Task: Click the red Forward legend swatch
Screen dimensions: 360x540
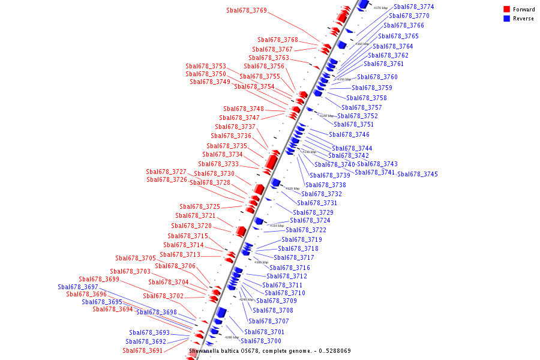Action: pyautogui.click(x=506, y=9)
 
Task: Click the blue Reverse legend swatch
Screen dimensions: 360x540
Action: pyautogui.click(x=506, y=19)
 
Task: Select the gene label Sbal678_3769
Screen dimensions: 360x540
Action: pyautogui.click(x=247, y=11)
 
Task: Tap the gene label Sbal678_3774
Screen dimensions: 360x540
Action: pyautogui.click(x=414, y=7)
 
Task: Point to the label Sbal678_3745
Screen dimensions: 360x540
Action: pyautogui.click(x=418, y=175)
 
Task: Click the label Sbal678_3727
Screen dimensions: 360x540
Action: pyautogui.click(x=166, y=172)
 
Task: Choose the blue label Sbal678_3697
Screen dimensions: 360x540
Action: pyautogui.click(x=78, y=287)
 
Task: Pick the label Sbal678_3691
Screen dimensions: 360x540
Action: pyautogui.click(x=143, y=351)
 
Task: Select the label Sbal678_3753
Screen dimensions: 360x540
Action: pyautogui.click(x=206, y=67)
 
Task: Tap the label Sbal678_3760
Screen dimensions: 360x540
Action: pyautogui.click(x=377, y=77)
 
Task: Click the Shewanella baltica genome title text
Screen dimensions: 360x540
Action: pyautogui.click(x=270, y=351)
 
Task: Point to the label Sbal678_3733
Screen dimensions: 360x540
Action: pyautogui.click(x=218, y=164)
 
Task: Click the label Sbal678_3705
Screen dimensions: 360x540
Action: pyautogui.click(x=136, y=259)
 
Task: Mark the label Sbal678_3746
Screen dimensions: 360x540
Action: pyautogui.click(x=349, y=135)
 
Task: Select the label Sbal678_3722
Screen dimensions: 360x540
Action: pyautogui.click(x=306, y=230)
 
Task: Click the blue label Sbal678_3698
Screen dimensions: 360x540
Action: pyautogui.click(x=157, y=313)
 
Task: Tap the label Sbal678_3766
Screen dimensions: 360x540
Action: pyautogui.click(x=404, y=26)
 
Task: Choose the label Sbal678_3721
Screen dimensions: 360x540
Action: pyautogui.click(x=196, y=216)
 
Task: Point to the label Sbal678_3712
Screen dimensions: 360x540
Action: pyautogui.click(x=287, y=277)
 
